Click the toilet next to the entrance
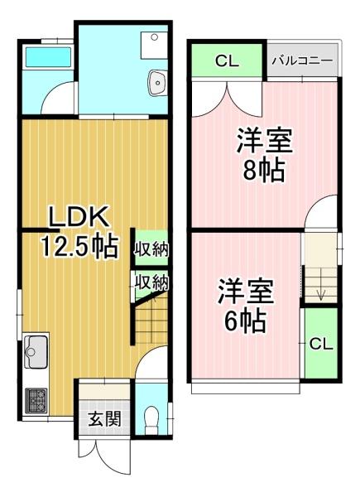pyautogui.click(x=151, y=420)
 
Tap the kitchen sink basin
pyautogui.click(x=36, y=352)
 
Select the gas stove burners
pyautogui.click(x=36, y=401)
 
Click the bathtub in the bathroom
pyautogui.click(x=48, y=57)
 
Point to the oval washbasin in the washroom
pyautogui.click(x=156, y=82)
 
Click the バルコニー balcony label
pyautogui.click(x=302, y=60)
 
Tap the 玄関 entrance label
pyautogui.click(x=105, y=419)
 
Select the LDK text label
pyautogui.click(x=79, y=217)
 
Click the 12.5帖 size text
pyautogui.click(x=79, y=246)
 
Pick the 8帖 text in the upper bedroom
pyautogui.click(x=264, y=171)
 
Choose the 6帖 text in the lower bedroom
pyautogui.click(x=245, y=321)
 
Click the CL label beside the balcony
pyautogui.click(x=227, y=60)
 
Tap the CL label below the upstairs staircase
pyautogui.click(x=321, y=344)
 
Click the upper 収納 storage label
pyautogui.click(x=151, y=249)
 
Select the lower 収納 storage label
pyautogui.click(x=151, y=282)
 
